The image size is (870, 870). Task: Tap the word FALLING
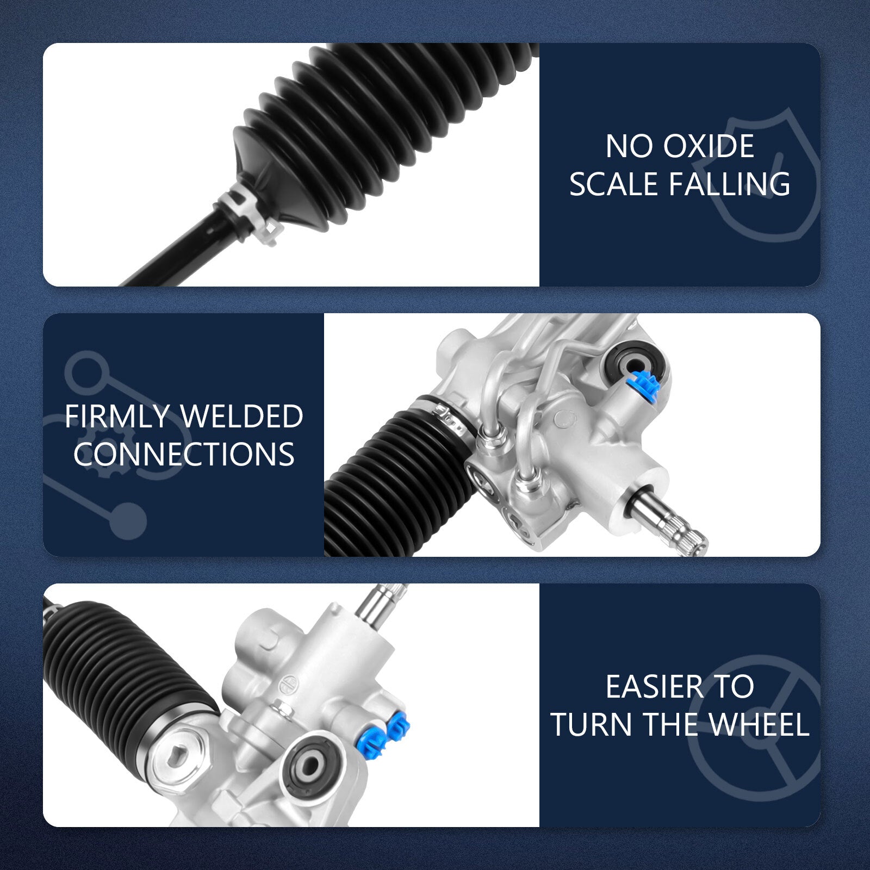(x=730, y=184)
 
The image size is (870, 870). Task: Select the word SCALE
(x=614, y=184)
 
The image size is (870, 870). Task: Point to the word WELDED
(x=241, y=417)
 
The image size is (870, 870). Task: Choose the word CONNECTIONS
(x=184, y=454)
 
